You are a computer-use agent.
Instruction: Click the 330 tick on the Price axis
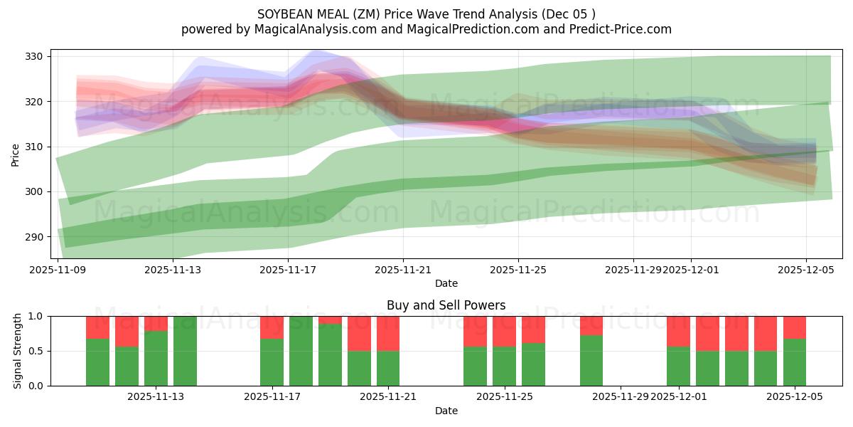[x=36, y=56]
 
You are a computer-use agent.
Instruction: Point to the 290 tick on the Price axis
[x=36, y=236]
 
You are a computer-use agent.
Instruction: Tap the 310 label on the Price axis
[x=36, y=147]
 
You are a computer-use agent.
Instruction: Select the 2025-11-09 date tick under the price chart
[x=58, y=270]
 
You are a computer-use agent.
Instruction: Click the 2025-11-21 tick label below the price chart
[x=403, y=270]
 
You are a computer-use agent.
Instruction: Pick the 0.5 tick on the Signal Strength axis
[x=36, y=351]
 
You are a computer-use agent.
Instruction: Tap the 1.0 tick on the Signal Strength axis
[x=36, y=316]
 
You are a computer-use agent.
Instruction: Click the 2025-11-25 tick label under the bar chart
[x=504, y=397]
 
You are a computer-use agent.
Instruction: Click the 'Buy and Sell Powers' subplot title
[x=446, y=305]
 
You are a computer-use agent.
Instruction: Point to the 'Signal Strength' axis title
[x=18, y=351]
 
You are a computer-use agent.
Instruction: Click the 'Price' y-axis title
[x=16, y=154]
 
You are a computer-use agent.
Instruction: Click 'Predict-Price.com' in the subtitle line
[x=621, y=29]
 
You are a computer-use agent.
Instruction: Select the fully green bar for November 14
[x=185, y=351]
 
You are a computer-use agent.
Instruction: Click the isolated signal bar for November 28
[x=591, y=360]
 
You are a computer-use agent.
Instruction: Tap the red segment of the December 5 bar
[x=795, y=327]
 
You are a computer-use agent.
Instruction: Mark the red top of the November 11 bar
[x=127, y=331]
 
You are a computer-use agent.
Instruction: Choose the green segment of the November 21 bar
[x=388, y=368]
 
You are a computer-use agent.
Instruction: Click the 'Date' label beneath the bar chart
[x=446, y=411]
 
